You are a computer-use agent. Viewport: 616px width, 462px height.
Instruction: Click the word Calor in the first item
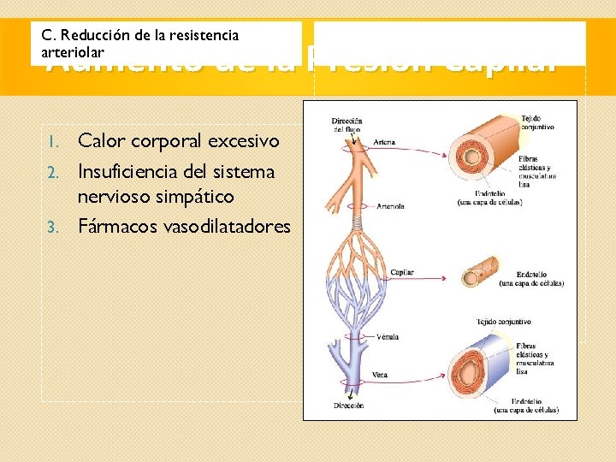101,139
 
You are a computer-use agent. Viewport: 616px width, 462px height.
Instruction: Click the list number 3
51,228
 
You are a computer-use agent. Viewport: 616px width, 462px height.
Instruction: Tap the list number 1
52,140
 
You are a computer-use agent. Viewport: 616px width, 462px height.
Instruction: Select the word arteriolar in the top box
73,52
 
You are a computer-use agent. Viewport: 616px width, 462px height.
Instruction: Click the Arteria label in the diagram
384,142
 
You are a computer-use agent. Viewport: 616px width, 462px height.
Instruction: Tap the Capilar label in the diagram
402,273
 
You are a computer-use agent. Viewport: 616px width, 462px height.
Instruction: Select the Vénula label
388,336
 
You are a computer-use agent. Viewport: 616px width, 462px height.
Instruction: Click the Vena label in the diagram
381,375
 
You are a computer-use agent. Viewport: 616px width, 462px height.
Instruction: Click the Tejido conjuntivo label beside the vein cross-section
506,322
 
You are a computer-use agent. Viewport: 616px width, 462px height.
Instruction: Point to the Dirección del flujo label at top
347,126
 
